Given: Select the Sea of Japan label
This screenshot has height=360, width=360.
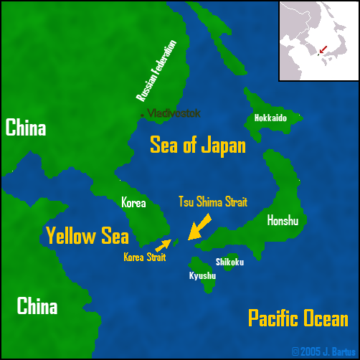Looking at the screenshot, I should [197, 146].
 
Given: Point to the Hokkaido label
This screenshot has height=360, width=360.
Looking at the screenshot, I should [270, 118].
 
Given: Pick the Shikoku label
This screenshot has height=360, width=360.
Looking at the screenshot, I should [229, 262].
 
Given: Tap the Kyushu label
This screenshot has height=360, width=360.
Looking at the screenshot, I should [202, 275].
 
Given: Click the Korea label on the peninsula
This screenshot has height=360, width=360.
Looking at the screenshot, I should [133, 203].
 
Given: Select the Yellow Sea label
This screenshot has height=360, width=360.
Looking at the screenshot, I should [87, 235].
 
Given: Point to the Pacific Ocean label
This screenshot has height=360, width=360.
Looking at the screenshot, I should [298, 318].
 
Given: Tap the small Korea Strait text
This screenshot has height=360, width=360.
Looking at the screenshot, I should [143, 256].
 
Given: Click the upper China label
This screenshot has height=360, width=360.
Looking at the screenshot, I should [26, 128].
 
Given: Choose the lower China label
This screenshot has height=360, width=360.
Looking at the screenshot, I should [37, 307].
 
